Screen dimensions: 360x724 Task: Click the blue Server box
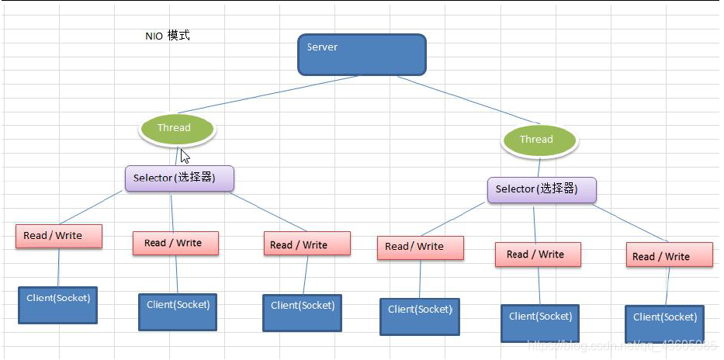pyautogui.click(x=362, y=54)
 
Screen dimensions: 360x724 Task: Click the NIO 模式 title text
pyautogui.click(x=167, y=36)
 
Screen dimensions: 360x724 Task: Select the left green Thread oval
pyautogui.click(x=176, y=128)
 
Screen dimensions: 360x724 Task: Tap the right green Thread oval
pyautogui.click(x=539, y=140)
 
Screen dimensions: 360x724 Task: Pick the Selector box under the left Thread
pyautogui.click(x=179, y=178)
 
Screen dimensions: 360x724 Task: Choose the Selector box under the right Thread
pyautogui.click(x=542, y=189)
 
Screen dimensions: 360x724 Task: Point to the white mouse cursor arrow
pyautogui.click(x=185, y=155)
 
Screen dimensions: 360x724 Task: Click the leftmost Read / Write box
pyautogui.click(x=58, y=236)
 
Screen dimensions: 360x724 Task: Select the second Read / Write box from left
pyautogui.click(x=175, y=243)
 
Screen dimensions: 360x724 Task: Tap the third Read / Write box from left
pyautogui.click(x=307, y=244)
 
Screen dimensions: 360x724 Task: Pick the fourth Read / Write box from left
pyautogui.click(x=420, y=247)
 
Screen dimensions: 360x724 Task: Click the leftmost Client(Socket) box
pyautogui.click(x=58, y=304)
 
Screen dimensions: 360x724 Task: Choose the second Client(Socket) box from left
pyautogui.click(x=177, y=311)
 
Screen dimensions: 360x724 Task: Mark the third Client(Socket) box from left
pyautogui.click(x=302, y=312)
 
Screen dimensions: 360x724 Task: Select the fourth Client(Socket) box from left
pyautogui.click(x=420, y=316)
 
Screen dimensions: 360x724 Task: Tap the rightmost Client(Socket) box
pyautogui.click(x=665, y=324)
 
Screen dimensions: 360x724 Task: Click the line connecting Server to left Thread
pyautogui.click(x=268, y=95)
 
